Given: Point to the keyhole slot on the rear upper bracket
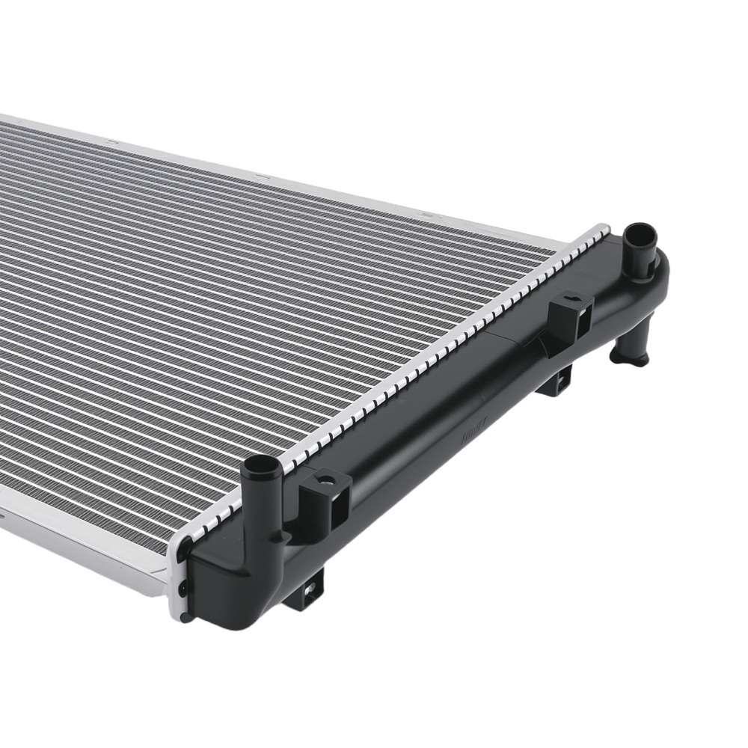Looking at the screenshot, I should click(571, 302).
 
